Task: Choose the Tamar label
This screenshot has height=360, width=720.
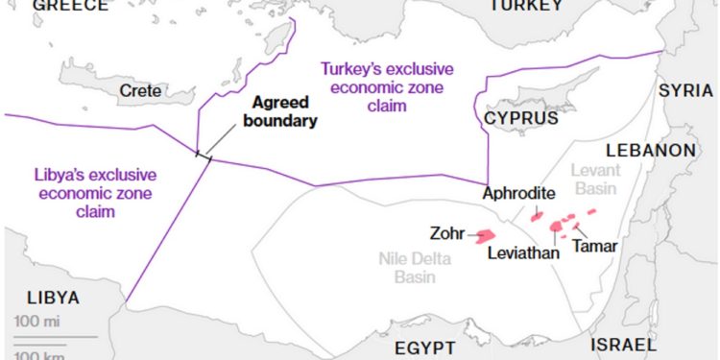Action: coord(594,246)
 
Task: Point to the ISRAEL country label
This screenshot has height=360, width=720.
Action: coord(624,345)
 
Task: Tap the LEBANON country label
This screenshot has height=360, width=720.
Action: coord(650,151)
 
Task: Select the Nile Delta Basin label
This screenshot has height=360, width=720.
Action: coord(415,267)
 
